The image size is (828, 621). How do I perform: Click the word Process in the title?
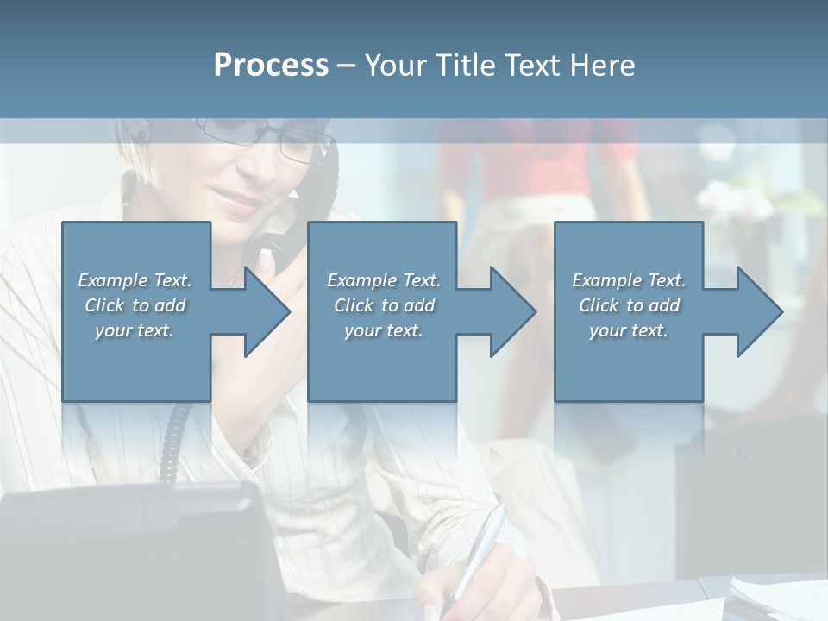coord(271,65)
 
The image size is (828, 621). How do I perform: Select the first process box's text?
coord(135,305)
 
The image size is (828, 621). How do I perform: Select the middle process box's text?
coord(383,305)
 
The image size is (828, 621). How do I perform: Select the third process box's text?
coord(629,305)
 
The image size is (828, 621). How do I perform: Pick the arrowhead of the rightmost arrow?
coord(758,312)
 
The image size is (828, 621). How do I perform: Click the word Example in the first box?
coord(113,280)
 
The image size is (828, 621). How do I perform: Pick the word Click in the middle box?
coord(352,305)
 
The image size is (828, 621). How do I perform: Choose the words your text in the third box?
coord(629,330)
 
